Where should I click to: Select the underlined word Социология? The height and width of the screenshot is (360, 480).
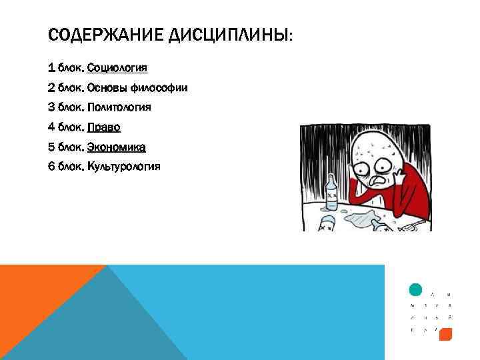(x=117, y=68)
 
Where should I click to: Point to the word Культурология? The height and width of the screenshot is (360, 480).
(x=123, y=166)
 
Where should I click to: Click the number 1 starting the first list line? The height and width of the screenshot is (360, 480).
(x=52, y=68)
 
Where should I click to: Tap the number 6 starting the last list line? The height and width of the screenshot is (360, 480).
(x=52, y=166)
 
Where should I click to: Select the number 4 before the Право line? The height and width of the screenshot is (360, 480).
(x=52, y=127)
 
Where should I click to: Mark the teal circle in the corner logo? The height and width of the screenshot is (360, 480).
(x=415, y=289)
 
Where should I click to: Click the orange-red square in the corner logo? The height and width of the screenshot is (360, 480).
(x=446, y=334)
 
